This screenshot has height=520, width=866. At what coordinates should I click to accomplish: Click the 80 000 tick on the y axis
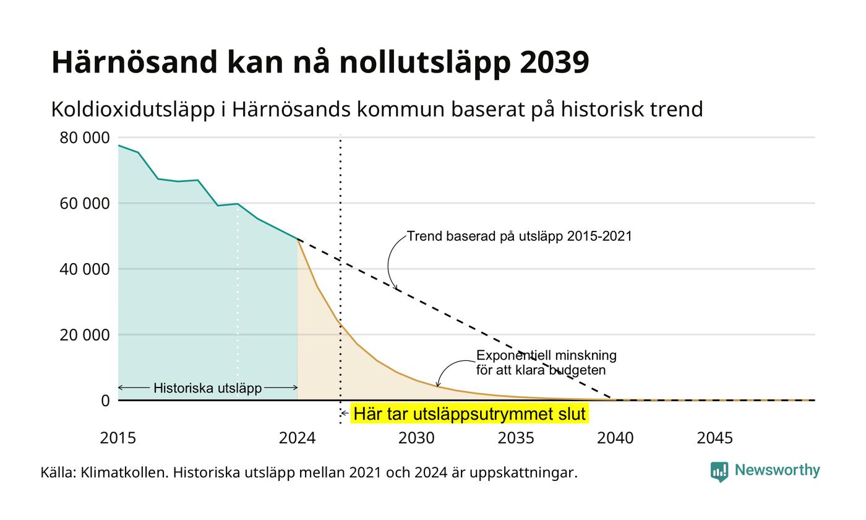tap(85, 137)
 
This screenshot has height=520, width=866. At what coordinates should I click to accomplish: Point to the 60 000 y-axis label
tap(85, 204)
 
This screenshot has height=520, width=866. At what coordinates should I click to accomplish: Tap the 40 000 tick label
tap(85, 269)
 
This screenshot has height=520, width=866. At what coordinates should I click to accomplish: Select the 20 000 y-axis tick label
tap(85, 335)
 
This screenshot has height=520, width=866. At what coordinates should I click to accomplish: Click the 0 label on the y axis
tap(106, 401)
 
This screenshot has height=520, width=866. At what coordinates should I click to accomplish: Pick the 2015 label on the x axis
tap(118, 438)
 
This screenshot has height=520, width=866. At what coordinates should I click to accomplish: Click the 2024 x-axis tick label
tap(298, 438)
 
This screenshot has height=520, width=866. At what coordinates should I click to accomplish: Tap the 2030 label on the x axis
tap(416, 438)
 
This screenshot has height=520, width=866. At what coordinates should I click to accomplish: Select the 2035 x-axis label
tap(516, 438)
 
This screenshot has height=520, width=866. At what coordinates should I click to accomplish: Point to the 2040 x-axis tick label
tap(615, 438)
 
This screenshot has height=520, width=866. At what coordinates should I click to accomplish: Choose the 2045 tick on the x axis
tap(715, 438)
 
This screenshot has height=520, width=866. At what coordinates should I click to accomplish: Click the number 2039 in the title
tap(554, 62)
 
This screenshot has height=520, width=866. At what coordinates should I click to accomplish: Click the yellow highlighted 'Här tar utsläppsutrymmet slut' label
tap(469, 414)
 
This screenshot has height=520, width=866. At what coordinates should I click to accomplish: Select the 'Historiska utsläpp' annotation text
tap(208, 388)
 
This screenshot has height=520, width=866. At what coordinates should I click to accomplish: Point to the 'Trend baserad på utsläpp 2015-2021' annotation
tap(519, 236)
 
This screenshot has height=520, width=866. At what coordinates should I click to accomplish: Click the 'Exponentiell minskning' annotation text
tap(546, 355)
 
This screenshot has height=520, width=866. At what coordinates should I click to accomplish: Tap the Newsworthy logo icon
tap(719, 472)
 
